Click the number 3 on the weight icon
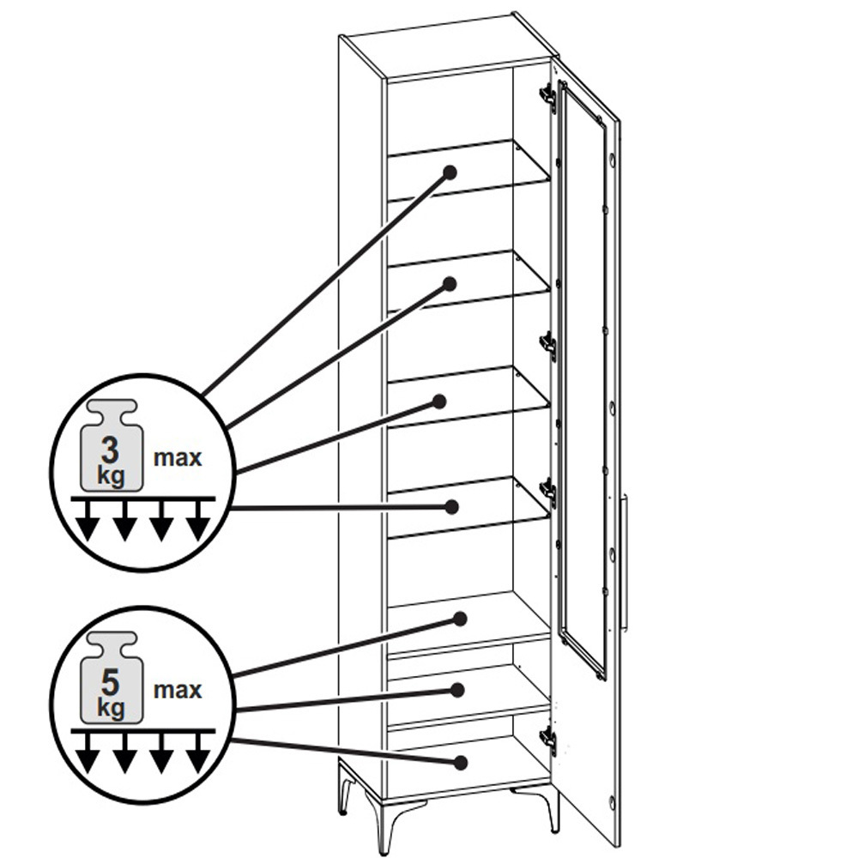coord(110,450)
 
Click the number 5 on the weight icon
coord(110,682)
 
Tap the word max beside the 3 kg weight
coord(178,458)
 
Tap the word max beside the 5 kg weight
coord(178,691)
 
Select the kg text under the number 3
coord(111,476)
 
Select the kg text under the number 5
coord(111,708)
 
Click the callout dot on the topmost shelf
coord(450,173)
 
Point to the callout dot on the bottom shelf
coord(461,762)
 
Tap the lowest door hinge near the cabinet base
coord(548,740)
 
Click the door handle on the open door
coord(625,565)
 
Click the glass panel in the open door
coord(584,378)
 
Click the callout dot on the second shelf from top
coord(450,284)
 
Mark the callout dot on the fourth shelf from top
coord(452,507)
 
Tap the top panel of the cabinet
coord(449,45)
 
